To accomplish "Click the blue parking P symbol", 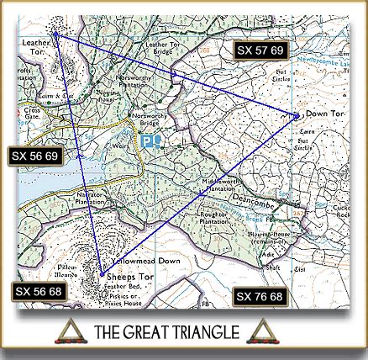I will tap(146, 140).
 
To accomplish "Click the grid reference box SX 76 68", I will tap(260, 296).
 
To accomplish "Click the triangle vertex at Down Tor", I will tap(297, 114).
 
